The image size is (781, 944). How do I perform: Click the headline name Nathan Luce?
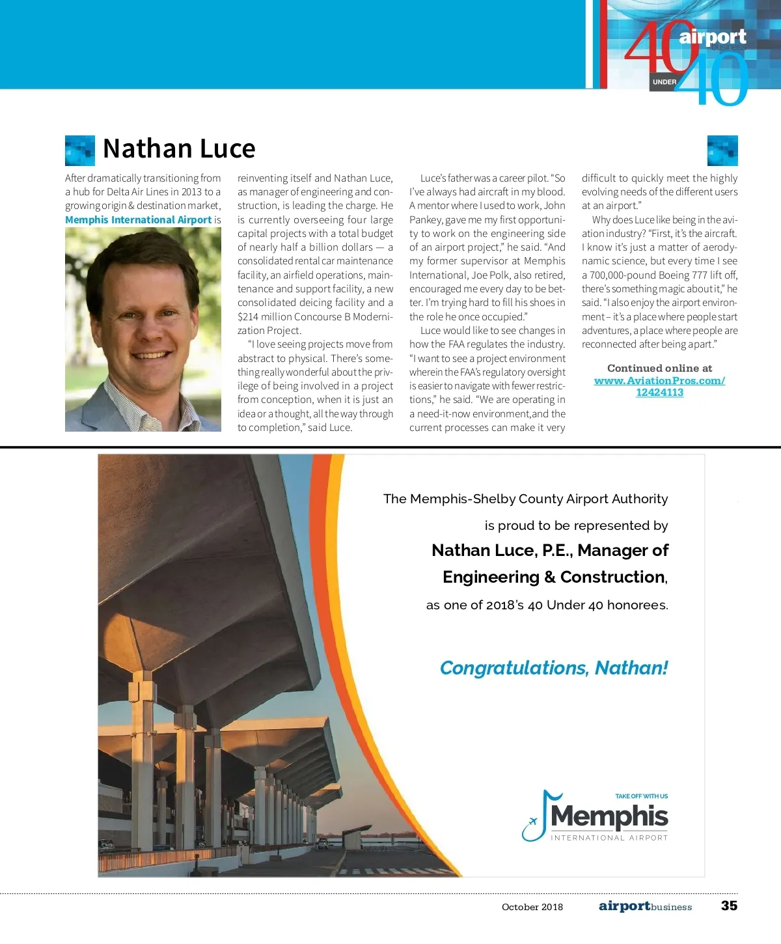tap(179, 149)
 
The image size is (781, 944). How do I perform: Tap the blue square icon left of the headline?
tap(80, 150)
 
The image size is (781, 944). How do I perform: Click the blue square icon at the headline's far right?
tap(722, 150)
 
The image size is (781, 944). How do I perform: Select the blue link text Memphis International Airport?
tap(138, 220)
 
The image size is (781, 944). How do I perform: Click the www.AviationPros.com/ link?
tap(659, 380)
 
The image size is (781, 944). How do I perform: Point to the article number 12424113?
tap(659, 392)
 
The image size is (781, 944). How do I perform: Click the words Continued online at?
tap(659, 368)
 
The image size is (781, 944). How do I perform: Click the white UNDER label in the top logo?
tap(664, 82)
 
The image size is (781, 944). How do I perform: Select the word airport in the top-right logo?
tap(713, 36)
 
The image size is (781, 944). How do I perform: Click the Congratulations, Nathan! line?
tap(554, 668)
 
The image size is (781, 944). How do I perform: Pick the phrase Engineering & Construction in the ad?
tap(554, 577)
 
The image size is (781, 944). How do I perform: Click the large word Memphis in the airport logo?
tap(609, 816)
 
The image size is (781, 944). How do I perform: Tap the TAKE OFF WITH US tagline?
tap(641, 796)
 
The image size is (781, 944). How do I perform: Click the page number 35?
tap(729, 906)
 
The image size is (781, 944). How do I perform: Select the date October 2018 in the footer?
tap(532, 907)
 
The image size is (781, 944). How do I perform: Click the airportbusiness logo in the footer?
tap(645, 906)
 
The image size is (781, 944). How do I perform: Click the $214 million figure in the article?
tap(260, 317)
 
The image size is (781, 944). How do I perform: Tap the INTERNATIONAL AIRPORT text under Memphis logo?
tap(609, 838)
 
